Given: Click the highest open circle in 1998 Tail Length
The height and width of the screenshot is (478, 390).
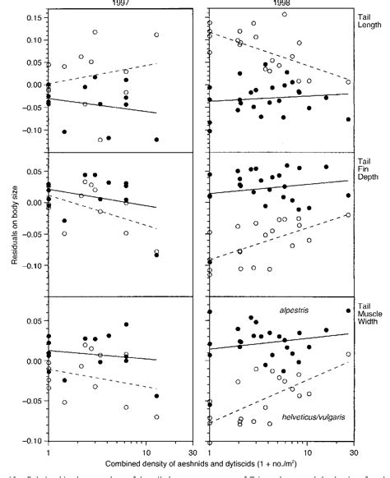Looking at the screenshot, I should pos(285,14).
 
